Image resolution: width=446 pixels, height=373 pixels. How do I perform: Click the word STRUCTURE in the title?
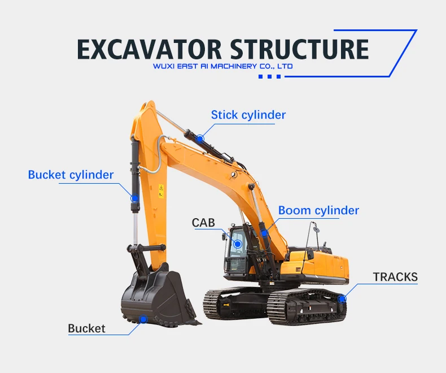(x=299, y=49)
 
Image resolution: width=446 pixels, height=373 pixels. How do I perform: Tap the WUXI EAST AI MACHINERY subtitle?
(x=223, y=66)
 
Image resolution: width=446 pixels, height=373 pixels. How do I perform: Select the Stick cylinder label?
(x=248, y=115)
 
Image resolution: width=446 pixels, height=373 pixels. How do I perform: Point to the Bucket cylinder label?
(x=71, y=175)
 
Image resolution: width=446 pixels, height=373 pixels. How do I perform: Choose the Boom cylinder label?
(x=318, y=211)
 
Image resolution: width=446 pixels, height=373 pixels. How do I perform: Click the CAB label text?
(x=203, y=223)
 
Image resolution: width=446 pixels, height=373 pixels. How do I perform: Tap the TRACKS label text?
(x=395, y=277)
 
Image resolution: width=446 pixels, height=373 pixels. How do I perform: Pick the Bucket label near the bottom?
(x=86, y=328)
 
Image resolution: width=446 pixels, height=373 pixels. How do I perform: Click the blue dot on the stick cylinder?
(x=200, y=138)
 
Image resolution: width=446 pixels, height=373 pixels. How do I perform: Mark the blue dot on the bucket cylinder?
(x=135, y=198)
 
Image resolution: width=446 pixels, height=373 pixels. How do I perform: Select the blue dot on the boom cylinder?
(x=264, y=233)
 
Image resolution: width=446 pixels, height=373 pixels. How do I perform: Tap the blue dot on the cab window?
(x=238, y=244)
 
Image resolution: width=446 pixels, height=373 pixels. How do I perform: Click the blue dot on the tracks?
(x=342, y=298)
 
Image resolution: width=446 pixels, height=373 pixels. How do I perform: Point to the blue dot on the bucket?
(x=143, y=319)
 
